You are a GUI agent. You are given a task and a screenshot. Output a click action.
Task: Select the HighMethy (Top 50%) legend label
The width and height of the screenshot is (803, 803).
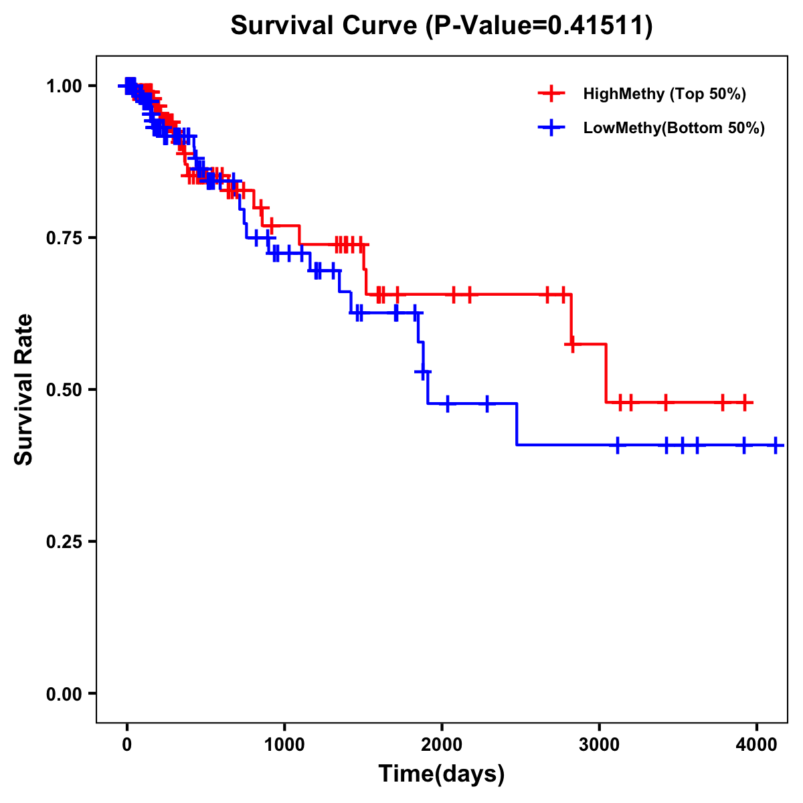pyautogui.click(x=664, y=94)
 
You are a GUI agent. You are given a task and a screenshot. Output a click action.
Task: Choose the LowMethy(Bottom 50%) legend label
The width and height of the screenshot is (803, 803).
pyautogui.click(x=673, y=128)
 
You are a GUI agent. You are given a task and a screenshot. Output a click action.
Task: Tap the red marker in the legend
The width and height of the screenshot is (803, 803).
pyautogui.click(x=551, y=94)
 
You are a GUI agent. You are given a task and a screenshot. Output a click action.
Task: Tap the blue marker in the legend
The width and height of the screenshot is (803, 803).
pyautogui.click(x=551, y=128)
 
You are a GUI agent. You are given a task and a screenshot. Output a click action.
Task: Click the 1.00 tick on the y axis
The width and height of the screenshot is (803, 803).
pyautogui.click(x=64, y=86)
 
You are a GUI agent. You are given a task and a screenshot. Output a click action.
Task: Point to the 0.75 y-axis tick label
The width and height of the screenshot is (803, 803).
pyautogui.click(x=64, y=238)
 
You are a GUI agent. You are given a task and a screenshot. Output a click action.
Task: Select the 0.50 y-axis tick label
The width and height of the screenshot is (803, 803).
pyautogui.click(x=64, y=389)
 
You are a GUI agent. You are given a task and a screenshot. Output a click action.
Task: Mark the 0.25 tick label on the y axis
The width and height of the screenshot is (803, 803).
pyautogui.click(x=64, y=541)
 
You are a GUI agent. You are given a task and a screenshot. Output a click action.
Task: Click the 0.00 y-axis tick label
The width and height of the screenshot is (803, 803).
pyautogui.click(x=64, y=693)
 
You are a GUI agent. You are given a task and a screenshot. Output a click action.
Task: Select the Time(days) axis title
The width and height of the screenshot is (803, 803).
pyautogui.click(x=442, y=774)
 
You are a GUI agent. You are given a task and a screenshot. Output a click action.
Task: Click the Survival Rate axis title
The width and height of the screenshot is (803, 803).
pyautogui.click(x=24, y=389)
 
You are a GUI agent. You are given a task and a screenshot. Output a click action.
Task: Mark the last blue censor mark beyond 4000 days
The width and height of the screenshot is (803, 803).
pyautogui.click(x=775, y=445)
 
